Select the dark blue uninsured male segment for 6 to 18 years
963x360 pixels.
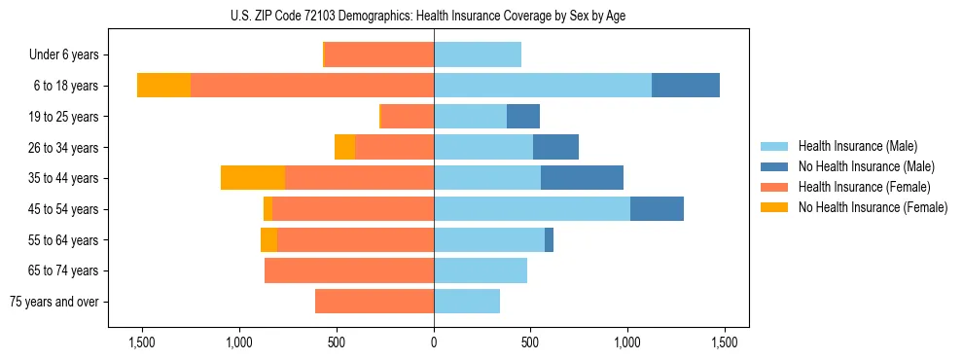(x=685, y=86)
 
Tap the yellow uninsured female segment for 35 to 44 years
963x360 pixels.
(x=253, y=178)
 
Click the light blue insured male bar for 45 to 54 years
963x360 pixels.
(x=532, y=209)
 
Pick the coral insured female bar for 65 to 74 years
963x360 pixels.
(x=349, y=270)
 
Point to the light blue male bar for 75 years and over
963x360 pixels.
(x=467, y=302)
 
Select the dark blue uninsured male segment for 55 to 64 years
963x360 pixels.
(x=549, y=240)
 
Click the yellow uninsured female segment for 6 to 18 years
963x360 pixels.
(x=163, y=86)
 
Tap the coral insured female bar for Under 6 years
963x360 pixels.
(x=379, y=55)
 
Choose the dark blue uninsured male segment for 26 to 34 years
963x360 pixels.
(x=555, y=147)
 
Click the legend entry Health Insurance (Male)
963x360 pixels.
(x=857, y=146)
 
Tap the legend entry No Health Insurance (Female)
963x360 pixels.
(x=873, y=207)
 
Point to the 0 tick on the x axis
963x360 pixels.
(x=434, y=342)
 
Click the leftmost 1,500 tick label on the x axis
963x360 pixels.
(x=142, y=342)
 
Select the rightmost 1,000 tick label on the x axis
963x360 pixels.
(x=627, y=342)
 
